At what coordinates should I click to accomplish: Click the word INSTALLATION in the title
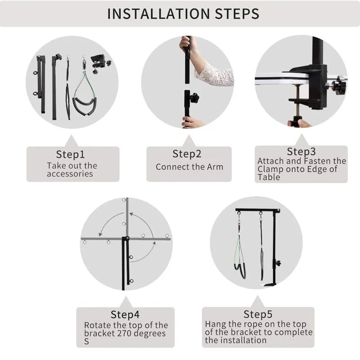[x=159, y=13]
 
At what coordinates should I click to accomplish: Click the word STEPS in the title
[x=237, y=13]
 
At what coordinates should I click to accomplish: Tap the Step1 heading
[x=71, y=154]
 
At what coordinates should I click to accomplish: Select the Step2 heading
[x=187, y=154]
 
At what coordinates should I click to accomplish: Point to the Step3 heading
[x=301, y=151]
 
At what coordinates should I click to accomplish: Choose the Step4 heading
[x=125, y=314]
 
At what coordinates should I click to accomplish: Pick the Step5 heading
[x=258, y=314]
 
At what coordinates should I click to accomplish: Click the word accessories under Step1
[x=70, y=174]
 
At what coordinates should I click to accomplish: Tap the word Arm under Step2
[x=215, y=167]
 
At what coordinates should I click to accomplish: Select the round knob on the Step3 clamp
[x=338, y=85]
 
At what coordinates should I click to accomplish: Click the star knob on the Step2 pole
[x=194, y=98]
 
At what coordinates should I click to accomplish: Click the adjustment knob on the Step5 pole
[x=278, y=263]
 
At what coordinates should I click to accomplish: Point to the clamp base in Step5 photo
[x=270, y=285]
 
